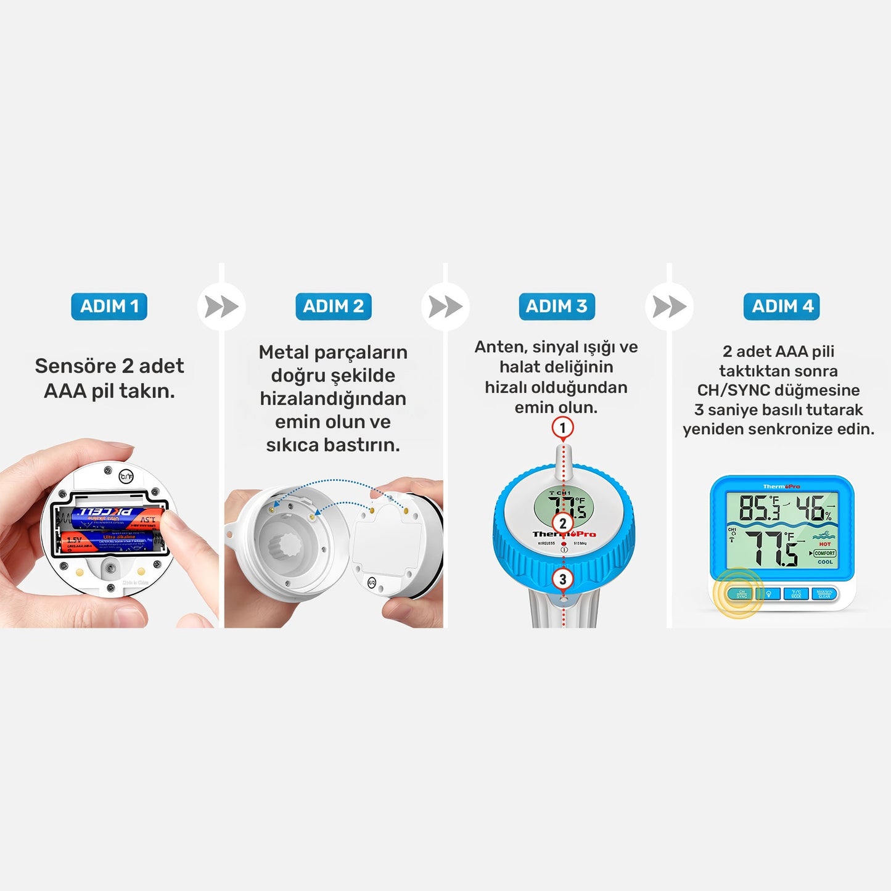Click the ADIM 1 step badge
pos(109,306)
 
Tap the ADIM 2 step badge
pos(333,306)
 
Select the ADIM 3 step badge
pos(556,306)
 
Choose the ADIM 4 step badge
pos(781,306)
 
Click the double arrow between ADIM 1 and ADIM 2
pos(221,306)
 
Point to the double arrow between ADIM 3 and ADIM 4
pos(669,306)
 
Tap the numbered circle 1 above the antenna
pos(562,427)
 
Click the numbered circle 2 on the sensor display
pos(562,524)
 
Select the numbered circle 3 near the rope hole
pos(562,579)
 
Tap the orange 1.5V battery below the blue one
pos(108,542)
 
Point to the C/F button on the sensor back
pos(126,476)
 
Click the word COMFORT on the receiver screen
pos(824,553)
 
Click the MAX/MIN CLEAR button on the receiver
pos(824,594)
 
